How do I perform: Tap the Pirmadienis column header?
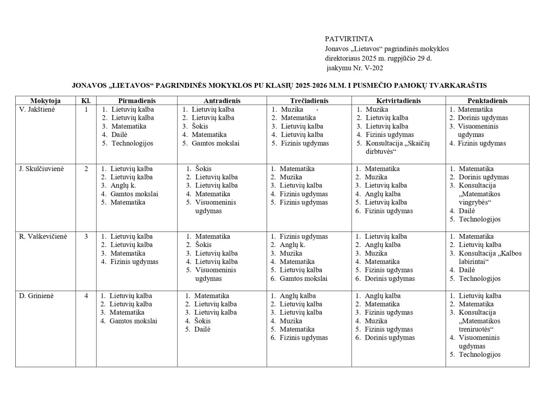(x=137, y=101)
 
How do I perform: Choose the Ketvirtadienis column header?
(x=398, y=101)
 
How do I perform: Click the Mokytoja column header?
(x=45, y=101)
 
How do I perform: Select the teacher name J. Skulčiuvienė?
(x=41, y=169)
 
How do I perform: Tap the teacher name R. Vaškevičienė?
(x=43, y=236)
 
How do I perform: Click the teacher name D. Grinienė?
(x=37, y=296)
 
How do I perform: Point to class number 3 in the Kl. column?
(x=86, y=236)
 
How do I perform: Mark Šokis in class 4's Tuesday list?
(x=202, y=321)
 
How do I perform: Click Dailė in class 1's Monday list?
(x=119, y=135)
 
